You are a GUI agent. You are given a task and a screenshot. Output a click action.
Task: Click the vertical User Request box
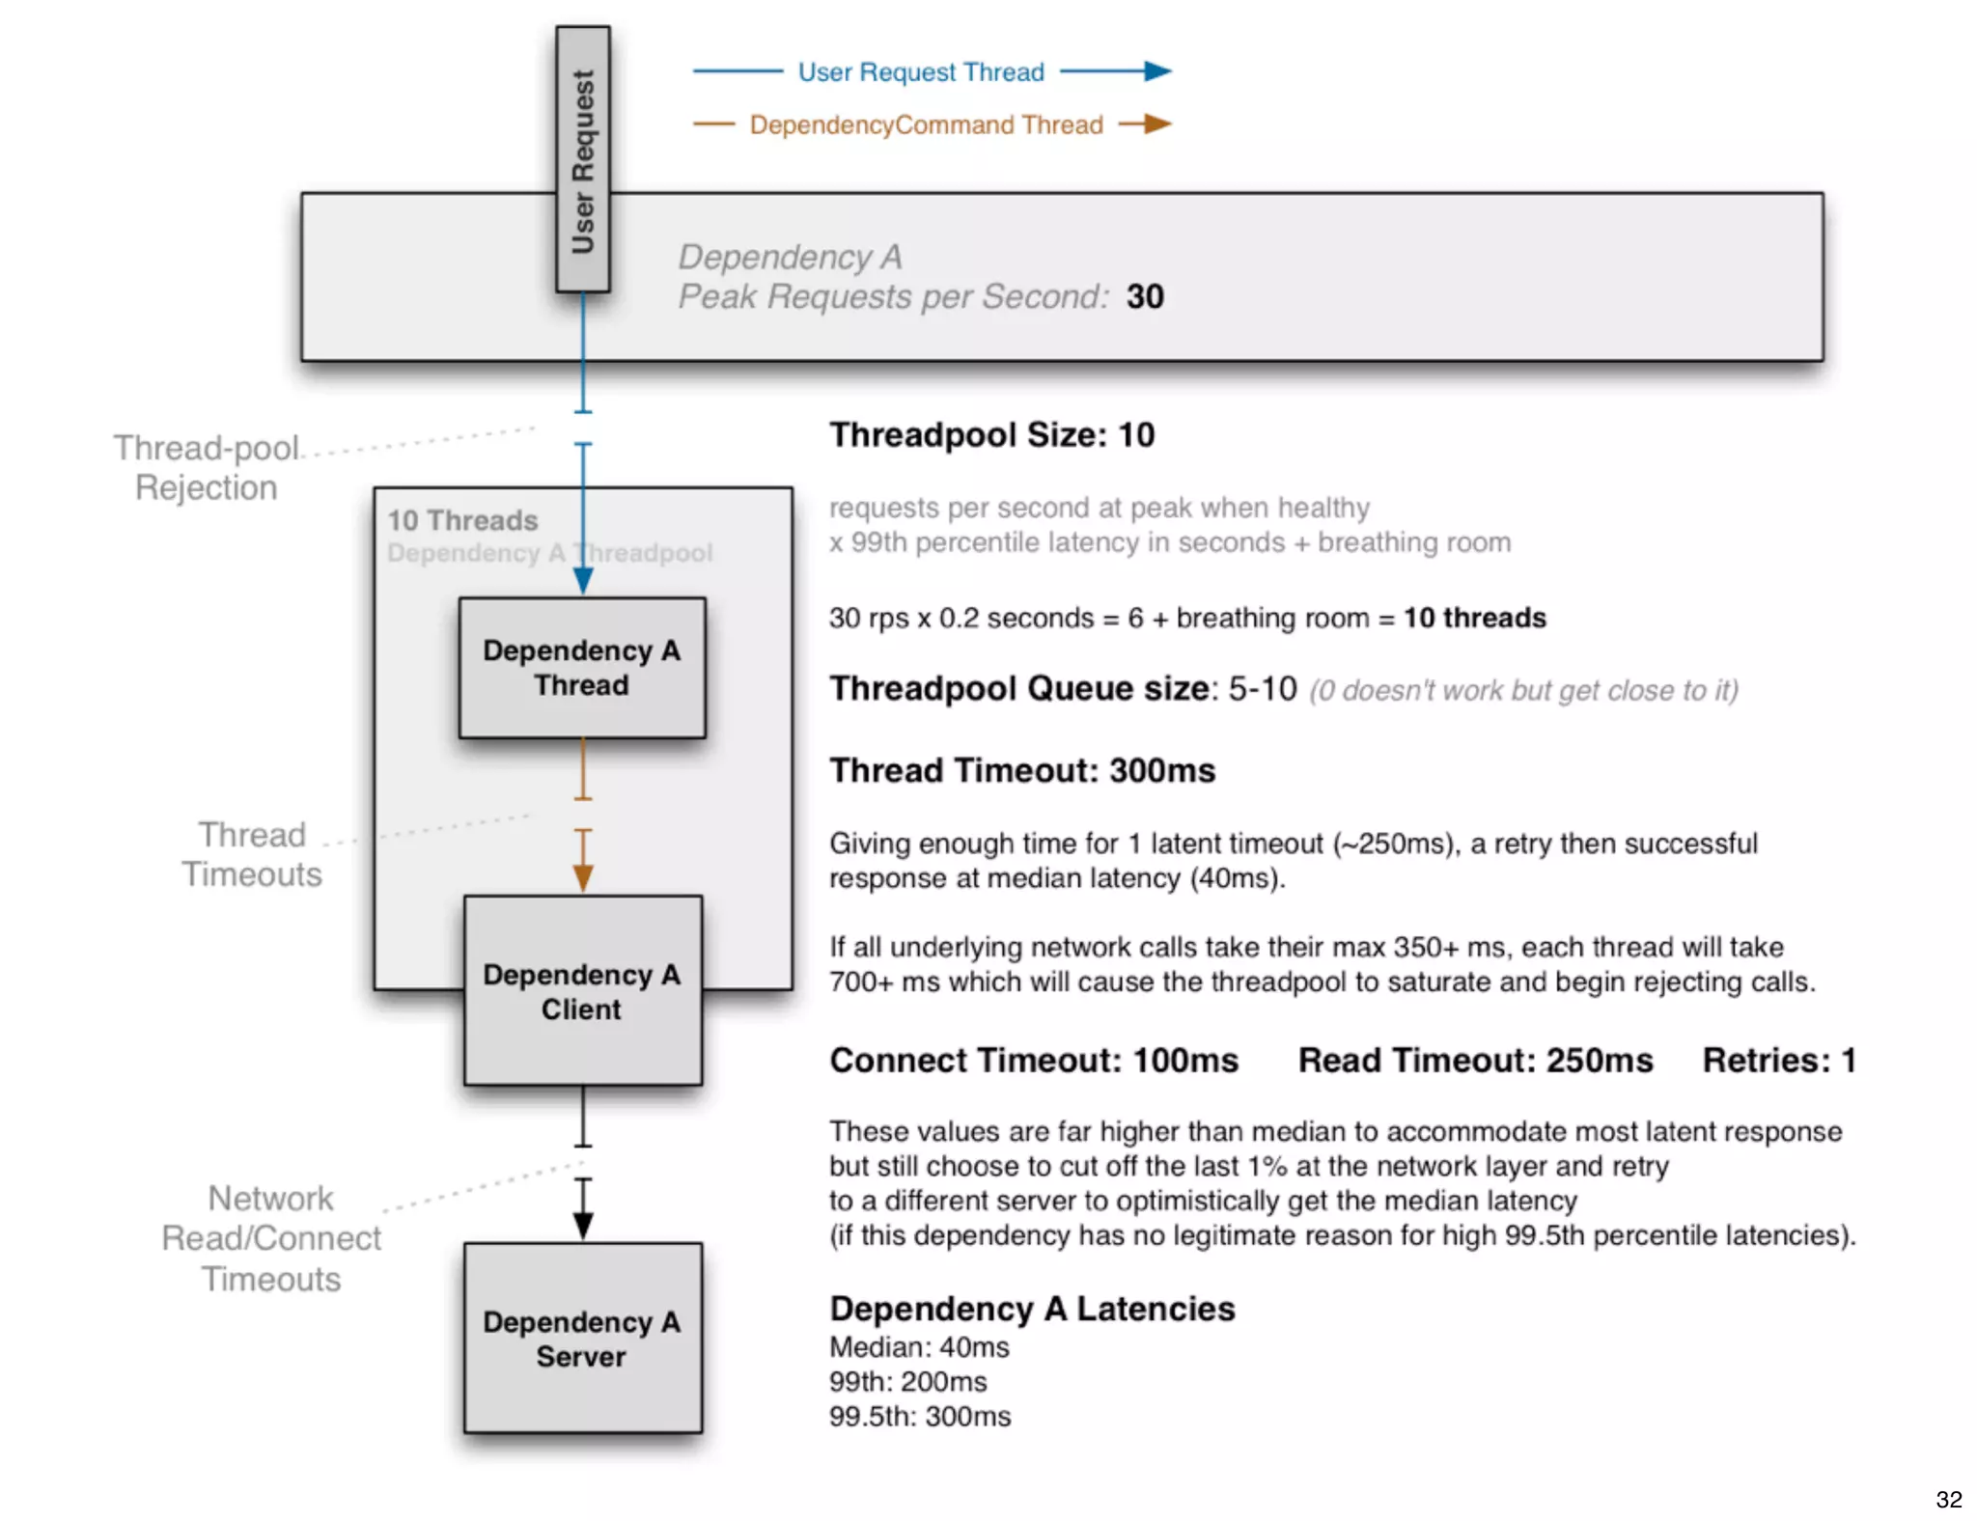(x=582, y=159)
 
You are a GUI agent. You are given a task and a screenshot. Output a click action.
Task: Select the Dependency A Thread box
(x=582, y=668)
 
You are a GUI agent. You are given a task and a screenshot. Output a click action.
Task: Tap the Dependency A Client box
(x=582, y=991)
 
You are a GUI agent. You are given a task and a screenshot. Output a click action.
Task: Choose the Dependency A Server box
(x=582, y=1339)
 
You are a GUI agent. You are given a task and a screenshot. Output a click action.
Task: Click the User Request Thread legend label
(x=921, y=72)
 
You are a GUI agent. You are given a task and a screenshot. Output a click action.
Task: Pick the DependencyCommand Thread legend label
(x=926, y=125)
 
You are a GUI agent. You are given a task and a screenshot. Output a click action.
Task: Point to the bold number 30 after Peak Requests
(x=1145, y=296)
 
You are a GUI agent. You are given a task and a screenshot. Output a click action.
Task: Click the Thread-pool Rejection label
(x=207, y=468)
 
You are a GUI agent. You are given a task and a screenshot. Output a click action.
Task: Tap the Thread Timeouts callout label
(x=252, y=854)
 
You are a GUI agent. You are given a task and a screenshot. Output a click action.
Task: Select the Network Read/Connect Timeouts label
(x=271, y=1238)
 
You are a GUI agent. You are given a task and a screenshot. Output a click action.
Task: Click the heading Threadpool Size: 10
(x=991, y=435)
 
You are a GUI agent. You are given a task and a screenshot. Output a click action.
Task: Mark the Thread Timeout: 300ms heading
(x=1022, y=771)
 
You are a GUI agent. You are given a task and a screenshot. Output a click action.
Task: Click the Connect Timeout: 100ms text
(x=1034, y=1061)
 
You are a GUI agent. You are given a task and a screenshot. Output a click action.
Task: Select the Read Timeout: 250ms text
(x=1475, y=1061)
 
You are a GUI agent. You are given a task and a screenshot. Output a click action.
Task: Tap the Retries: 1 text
(x=1779, y=1061)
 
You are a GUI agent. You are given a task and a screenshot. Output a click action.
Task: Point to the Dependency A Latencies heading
(x=1032, y=1309)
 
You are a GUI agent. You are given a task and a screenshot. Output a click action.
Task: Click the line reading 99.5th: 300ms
(x=920, y=1417)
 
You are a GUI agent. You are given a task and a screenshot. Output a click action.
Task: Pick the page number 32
(x=1948, y=1499)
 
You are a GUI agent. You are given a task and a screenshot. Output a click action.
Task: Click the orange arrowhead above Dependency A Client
(x=583, y=878)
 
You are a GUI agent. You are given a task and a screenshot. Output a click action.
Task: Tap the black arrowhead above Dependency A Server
(x=583, y=1226)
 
